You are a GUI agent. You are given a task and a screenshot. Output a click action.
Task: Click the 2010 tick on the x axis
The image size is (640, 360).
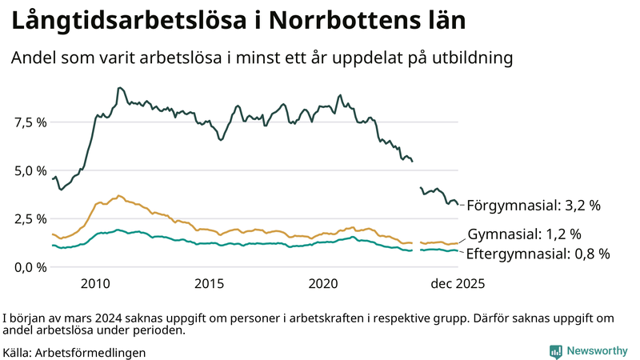tap(95, 283)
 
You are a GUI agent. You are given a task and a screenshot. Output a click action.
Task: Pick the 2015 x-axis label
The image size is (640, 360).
tap(210, 283)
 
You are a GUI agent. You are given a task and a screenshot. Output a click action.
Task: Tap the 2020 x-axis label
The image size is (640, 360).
tap(324, 283)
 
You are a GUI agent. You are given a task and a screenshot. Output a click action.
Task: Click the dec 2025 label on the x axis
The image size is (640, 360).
tap(458, 283)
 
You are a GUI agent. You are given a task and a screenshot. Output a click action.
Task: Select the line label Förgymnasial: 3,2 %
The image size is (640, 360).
tap(533, 206)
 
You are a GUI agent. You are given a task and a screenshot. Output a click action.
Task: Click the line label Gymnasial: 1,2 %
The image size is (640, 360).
tap(523, 234)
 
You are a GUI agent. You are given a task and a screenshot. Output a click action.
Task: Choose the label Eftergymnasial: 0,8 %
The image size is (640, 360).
tap(538, 254)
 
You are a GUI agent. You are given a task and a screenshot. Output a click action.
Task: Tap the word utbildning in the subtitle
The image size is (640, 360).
tap(468, 58)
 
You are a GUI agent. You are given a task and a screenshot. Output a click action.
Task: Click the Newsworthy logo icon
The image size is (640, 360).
tap(555, 351)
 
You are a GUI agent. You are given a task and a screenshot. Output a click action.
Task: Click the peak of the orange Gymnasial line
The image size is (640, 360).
tap(119, 195)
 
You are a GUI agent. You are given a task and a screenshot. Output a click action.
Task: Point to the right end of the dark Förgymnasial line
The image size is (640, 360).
tap(458, 204)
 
